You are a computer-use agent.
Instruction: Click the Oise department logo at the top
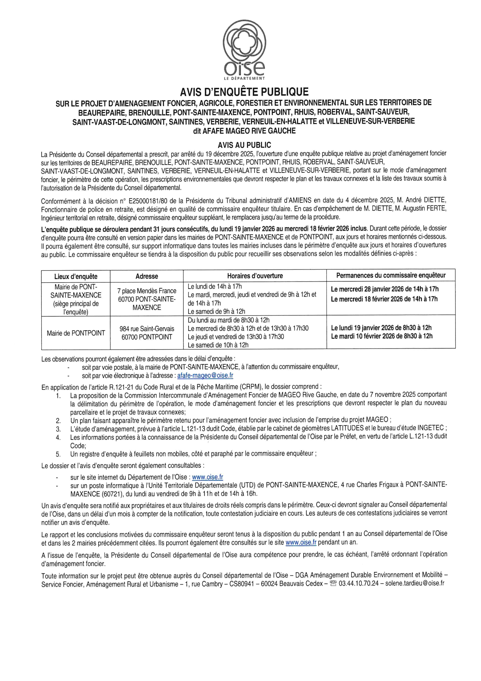tap(244, 49)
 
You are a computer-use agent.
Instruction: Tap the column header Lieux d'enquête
tap(76, 276)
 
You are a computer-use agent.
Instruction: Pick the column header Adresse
tap(147, 276)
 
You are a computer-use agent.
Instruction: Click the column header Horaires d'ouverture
tap(255, 276)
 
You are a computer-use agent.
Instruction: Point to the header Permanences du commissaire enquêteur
tap(391, 275)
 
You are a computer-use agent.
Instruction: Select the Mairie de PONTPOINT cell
tap(76, 333)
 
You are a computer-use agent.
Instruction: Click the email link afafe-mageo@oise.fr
tap(205, 375)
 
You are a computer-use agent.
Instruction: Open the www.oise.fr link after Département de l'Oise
tap(207, 477)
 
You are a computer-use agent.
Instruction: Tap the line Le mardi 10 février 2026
tap(382, 336)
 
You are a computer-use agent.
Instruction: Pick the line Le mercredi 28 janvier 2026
tap(385, 289)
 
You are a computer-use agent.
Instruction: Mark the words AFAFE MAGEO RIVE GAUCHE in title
tap(249, 131)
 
